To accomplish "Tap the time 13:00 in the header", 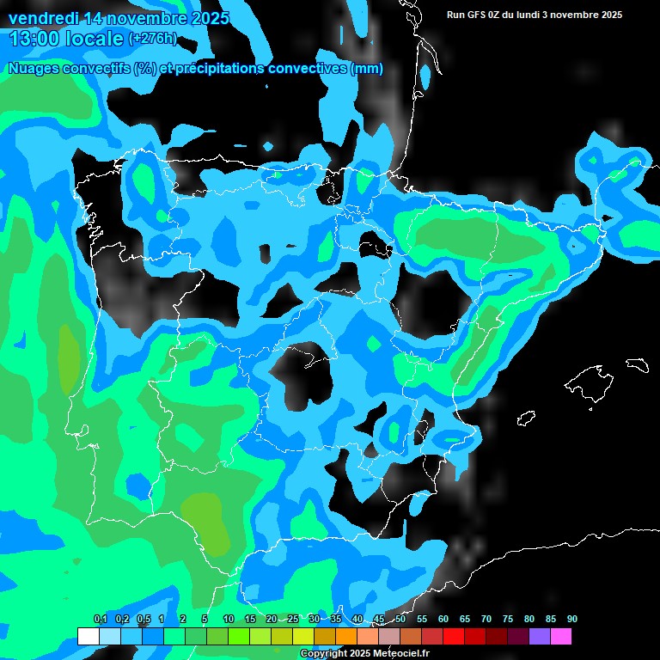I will click(38, 39).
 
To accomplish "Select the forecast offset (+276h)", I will click(153, 39).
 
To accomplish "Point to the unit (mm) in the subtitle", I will click(368, 69).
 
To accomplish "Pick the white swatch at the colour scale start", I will click(88, 636).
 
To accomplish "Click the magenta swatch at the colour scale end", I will click(560, 636).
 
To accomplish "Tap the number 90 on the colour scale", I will click(571, 619).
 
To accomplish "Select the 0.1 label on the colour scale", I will click(101, 619).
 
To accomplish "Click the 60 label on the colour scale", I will click(443, 619).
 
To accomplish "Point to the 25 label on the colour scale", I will click(293, 619).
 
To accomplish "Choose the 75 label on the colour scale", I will click(507, 619).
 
